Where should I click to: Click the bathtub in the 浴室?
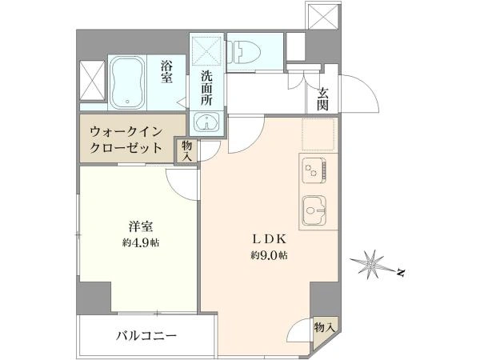127,82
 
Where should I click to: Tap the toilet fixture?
244,52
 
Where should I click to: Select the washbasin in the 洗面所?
207,122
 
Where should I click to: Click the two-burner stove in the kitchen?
315,170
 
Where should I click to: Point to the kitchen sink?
314,211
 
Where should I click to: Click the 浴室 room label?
167,72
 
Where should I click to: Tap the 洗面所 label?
206,88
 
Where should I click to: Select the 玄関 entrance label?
322,99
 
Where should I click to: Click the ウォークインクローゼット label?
126,141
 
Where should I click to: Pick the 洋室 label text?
141,227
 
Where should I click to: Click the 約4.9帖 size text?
141,242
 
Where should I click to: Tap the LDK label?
269,239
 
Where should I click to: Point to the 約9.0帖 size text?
270,255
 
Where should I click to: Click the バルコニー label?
146,336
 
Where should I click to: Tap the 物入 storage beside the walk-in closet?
186,151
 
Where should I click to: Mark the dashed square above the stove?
318,134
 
